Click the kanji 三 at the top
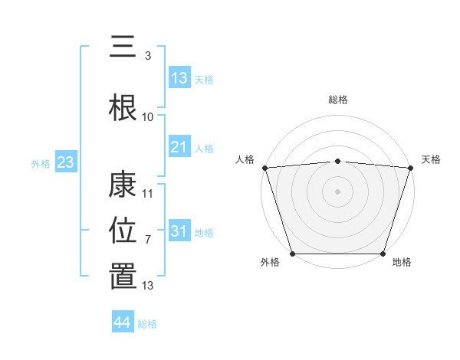(x=123, y=47)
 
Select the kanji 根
(x=123, y=106)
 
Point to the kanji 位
(x=123, y=230)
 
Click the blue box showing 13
(x=179, y=78)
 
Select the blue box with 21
(x=179, y=147)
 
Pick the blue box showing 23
(x=64, y=162)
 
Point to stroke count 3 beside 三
(x=148, y=55)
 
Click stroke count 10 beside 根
(x=148, y=116)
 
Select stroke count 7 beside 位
(x=148, y=240)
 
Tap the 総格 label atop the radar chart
(x=337, y=100)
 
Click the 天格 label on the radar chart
(x=431, y=159)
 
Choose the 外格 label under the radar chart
(x=270, y=262)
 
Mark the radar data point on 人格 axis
(x=264, y=168)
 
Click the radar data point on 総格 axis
(x=337, y=161)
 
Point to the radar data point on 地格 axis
(x=383, y=254)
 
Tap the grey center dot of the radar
(x=337, y=191)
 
